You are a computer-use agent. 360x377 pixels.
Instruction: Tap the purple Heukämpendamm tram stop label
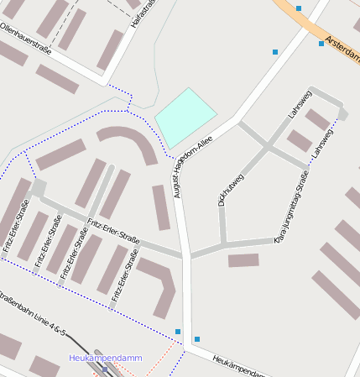pos(106,359)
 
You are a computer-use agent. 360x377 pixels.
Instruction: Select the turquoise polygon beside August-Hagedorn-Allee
pos(184,117)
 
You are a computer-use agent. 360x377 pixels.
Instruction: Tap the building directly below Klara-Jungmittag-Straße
pos(243,260)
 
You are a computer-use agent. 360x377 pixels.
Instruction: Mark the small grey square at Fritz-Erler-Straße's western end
pos(39,188)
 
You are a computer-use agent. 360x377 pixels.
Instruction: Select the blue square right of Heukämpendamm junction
pos(197,339)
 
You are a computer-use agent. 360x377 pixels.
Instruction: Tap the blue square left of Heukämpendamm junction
pos(178,332)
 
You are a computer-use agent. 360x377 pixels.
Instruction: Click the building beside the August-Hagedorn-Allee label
pos(161,207)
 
